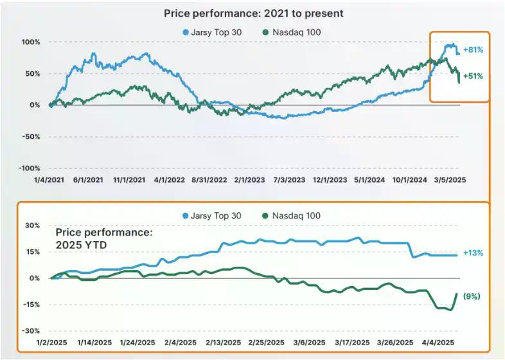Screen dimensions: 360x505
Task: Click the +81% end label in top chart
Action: point(473,50)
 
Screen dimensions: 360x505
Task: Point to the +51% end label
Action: point(473,76)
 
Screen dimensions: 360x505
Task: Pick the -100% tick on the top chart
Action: point(29,168)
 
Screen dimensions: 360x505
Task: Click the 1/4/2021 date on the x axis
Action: point(49,181)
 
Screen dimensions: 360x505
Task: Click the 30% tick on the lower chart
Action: point(32,226)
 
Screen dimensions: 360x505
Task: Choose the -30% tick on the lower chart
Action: point(31,330)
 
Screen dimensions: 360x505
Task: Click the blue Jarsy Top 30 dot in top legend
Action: point(186,32)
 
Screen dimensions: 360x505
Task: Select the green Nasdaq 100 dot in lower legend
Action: point(264,216)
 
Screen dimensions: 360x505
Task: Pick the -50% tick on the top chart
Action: point(30,136)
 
